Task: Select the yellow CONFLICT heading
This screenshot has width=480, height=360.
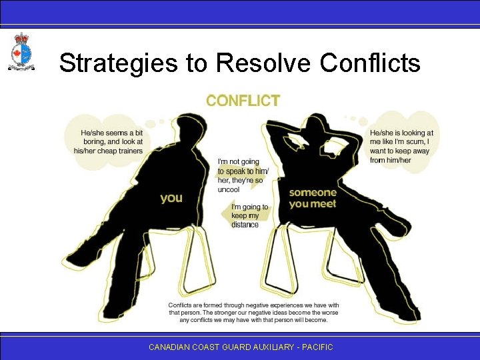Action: (x=243, y=101)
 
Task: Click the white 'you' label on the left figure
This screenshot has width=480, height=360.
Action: (x=171, y=198)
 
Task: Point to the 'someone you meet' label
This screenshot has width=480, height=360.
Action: (x=313, y=198)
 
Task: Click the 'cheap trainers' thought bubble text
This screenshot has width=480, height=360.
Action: (x=109, y=142)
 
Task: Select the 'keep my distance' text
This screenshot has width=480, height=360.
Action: (x=249, y=216)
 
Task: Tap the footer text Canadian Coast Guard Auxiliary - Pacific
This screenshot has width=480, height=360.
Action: (x=240, y=347)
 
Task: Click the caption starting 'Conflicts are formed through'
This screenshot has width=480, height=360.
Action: (x=253, y=312)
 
